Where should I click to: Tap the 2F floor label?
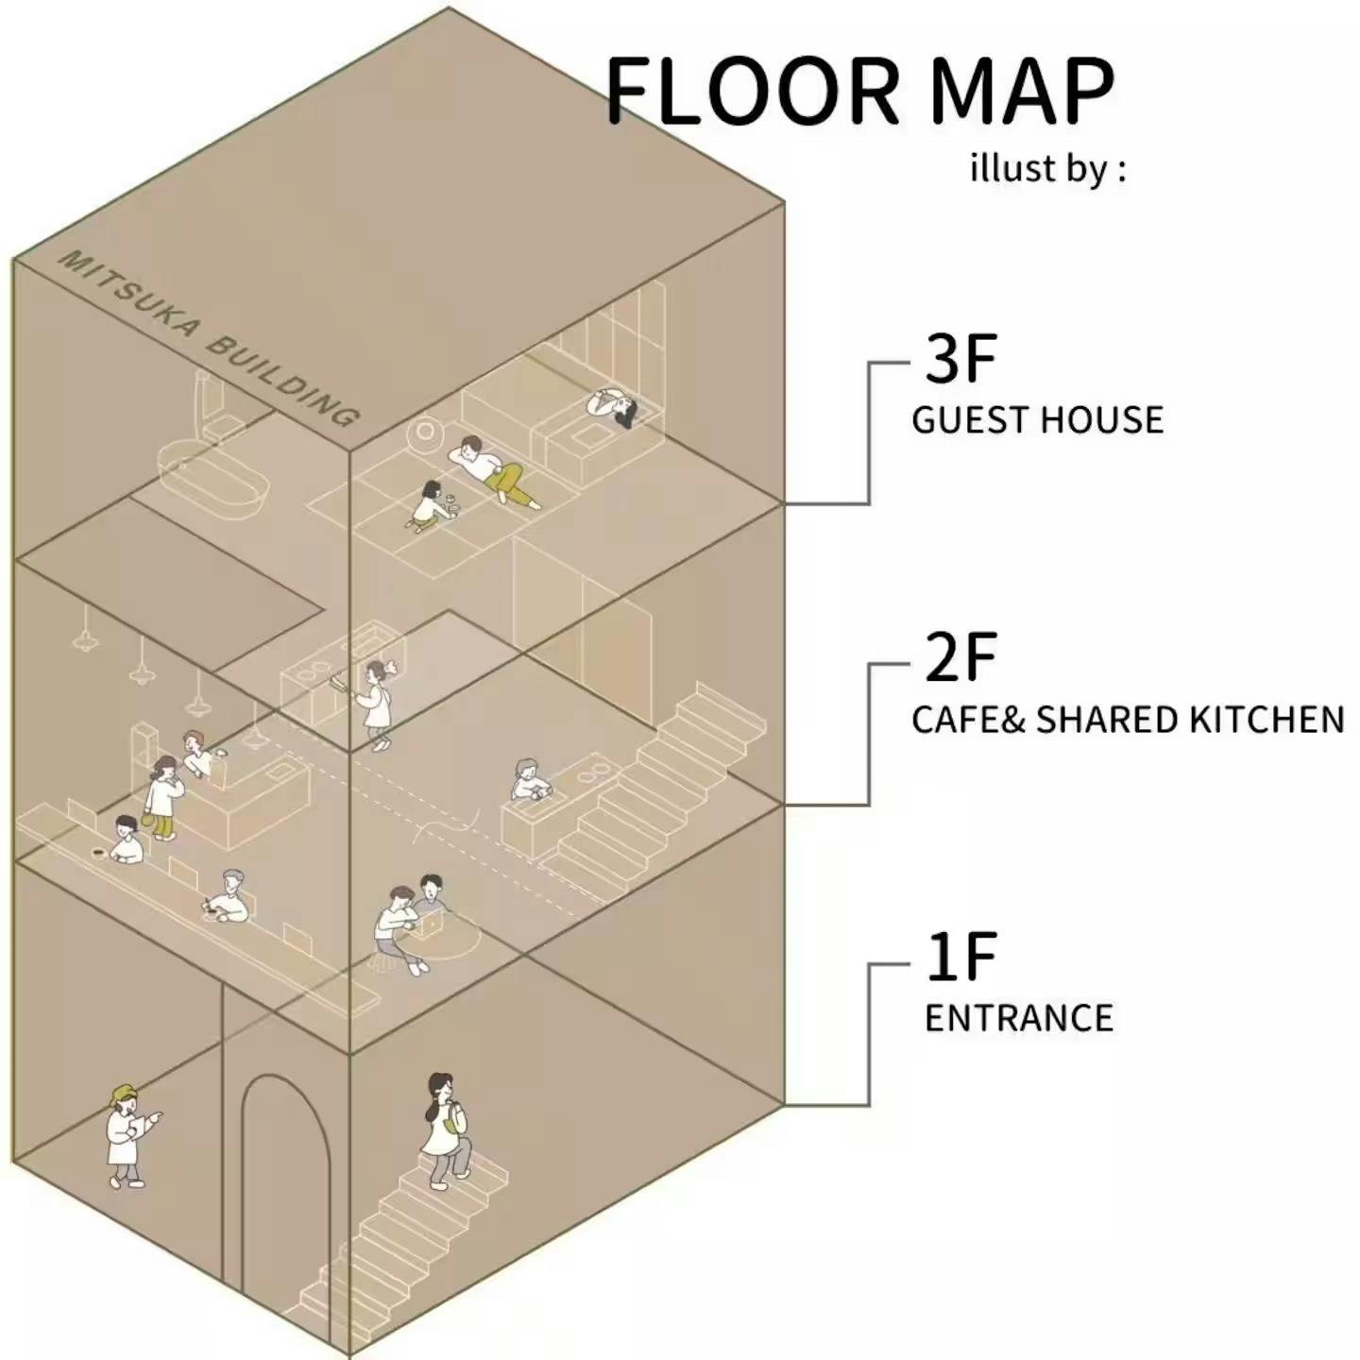tap(960, 657)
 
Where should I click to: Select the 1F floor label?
tap(960, 958)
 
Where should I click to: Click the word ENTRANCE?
tap(1018, 1018)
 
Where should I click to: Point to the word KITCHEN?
tap(1266, 720)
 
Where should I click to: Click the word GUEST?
tap(970, 420)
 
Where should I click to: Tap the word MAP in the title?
tap(1021, 92)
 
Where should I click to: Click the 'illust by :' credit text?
tap(1047, 170)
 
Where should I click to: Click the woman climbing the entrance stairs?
tap(445, 1130)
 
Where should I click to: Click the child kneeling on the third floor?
tap(428, 504)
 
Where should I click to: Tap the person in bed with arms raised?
tap(613, 407)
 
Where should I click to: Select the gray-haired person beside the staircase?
tap(528, 780)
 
